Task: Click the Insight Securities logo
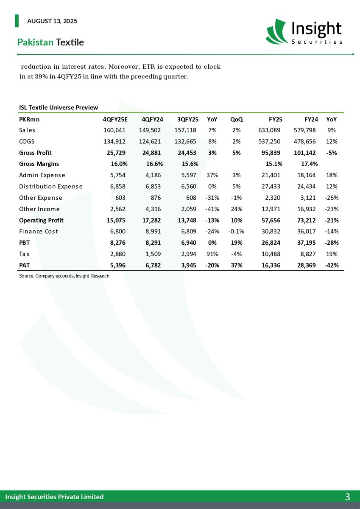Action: click(304, 32)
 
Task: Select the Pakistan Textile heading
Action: click(50, 42)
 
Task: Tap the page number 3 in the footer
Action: click(347, 497)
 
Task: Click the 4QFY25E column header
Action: click(115, 119)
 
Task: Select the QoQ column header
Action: click(236, 119)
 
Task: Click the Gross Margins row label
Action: click(39, 164)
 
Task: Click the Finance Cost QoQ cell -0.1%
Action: click(235, 232)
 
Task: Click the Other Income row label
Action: click(39, 209)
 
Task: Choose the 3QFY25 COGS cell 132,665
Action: click(185, 141)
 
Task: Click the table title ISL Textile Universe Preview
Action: click(59, 108)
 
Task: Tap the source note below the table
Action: click(64, 276)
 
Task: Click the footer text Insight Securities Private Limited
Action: click(54, 497)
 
